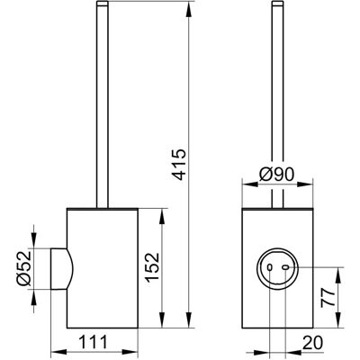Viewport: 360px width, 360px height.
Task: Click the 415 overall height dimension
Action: tap(181, 164)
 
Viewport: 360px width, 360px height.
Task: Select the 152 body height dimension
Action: tap(152, 266)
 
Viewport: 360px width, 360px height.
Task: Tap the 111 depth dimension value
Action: tap(93, 342)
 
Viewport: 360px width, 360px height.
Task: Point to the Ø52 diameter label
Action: tap(24, 267)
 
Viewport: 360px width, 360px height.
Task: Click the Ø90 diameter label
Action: tap(276, 175)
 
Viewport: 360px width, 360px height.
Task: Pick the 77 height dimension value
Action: tap(328, 297)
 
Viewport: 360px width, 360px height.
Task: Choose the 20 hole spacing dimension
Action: tap(312, 343)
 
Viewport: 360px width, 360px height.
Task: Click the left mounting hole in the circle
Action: tap(269, 267)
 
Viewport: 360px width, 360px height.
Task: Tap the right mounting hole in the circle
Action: tap(285, 267)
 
